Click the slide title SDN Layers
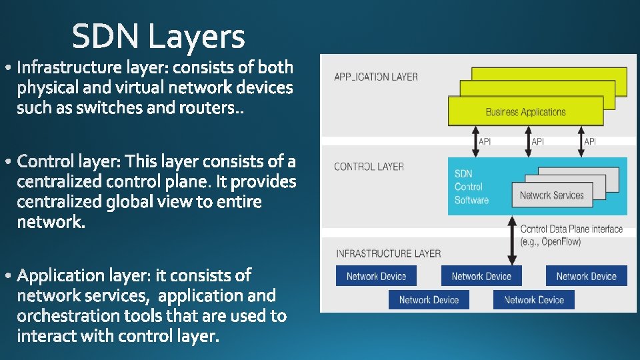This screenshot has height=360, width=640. (159, 37)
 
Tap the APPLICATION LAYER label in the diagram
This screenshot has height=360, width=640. (376, 77)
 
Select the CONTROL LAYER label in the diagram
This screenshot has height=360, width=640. (369, 167)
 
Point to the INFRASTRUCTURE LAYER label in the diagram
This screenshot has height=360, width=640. (388, 253)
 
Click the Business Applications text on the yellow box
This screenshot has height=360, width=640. (525, 112)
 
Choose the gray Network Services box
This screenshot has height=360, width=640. (551, 195)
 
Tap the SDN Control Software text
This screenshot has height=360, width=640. (471, 187)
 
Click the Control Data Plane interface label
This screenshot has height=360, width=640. (571, 229)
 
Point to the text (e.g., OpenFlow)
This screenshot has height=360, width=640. (551, 241)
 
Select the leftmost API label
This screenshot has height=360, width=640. (485, 141)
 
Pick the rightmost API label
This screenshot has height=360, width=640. (590, 141)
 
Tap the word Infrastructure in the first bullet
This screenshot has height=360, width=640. (70, 67)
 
